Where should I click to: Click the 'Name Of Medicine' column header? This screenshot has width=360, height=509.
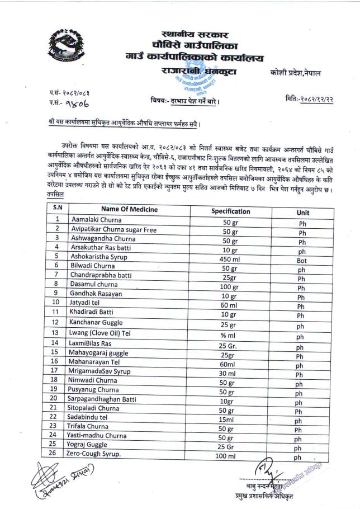click(x=129, y=209)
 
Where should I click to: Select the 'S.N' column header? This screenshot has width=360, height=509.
click(x=57, y=208)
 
